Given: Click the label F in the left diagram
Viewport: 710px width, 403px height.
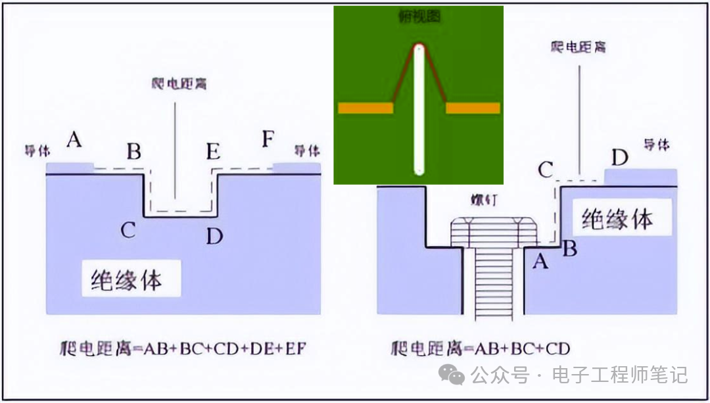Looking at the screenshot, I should coord(267,140).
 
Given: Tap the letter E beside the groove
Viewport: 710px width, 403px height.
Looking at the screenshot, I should coord(212,152).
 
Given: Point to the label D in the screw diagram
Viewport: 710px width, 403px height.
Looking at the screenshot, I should coord(619,158).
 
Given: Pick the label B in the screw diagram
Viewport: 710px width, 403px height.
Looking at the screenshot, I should coord(570,249).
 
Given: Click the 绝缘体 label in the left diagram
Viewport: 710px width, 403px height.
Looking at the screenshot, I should coord(126,281).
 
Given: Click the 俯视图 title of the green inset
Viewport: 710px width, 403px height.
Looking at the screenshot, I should coord(419,18).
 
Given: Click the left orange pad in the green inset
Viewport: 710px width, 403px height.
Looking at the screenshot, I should coord(364,108).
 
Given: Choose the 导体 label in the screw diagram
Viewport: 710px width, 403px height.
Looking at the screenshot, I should coord(656,145).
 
